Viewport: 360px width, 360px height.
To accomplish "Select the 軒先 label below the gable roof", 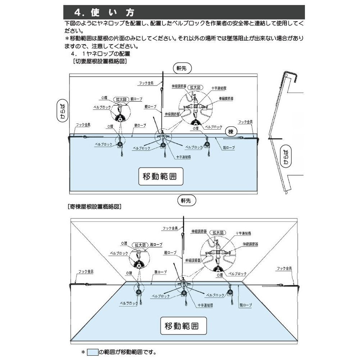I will pyautogui.click(x=186, y=200).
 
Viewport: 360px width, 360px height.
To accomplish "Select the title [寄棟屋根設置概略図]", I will pyautogui.click(x=94, y=207).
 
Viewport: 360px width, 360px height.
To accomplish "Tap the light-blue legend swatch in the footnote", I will pyautogui.click(x=93, y=352).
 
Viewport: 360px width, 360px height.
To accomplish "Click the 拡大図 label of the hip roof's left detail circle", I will pyautogui.click(x=140, y=245).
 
